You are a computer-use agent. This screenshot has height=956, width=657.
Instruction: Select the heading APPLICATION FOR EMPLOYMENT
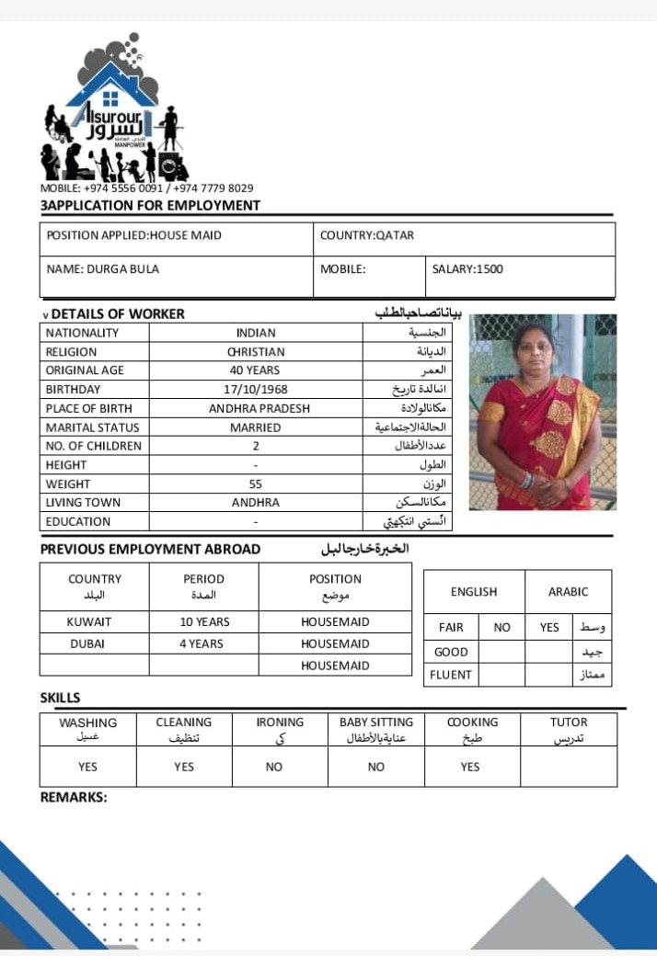tap(152, 205)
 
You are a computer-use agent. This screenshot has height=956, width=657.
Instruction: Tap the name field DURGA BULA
tap(102, 269)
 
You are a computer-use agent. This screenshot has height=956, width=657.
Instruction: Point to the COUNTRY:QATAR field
tap(367, 235)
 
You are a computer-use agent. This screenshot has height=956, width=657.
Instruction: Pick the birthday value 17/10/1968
tap(256, 389)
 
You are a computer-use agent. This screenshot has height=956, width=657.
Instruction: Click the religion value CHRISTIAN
tap(256, 351)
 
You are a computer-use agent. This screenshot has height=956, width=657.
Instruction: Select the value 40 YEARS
tap(255, 370)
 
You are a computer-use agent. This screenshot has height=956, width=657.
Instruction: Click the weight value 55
tap(256, 484)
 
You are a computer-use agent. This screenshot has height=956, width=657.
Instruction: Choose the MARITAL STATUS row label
tap(92, 427)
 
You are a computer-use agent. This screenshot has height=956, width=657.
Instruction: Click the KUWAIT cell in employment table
tap(95, 621)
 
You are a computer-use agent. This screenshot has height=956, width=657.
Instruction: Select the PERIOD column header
tap(203, 579)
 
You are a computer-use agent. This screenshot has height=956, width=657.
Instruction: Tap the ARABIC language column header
tap(568, 592)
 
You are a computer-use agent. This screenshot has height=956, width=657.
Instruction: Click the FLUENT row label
tap(451, 675)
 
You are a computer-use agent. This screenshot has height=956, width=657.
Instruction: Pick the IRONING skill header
tap(280, 723)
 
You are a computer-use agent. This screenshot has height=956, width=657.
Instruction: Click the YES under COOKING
tap(470, 767)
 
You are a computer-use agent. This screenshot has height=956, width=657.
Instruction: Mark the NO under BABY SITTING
tap(375, 767)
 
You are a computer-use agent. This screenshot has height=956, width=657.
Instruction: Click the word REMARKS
tap(74, 797)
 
